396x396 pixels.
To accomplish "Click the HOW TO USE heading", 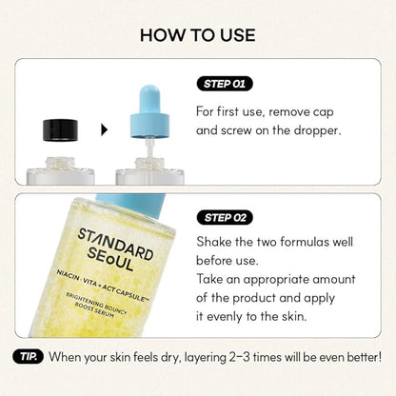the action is [x=198, y=35].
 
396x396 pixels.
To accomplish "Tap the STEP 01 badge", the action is [x=225, y=84].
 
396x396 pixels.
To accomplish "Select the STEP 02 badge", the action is [x=225, y=218].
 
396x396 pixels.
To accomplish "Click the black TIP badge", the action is [x=28, y=357].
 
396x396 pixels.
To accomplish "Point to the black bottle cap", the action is [x=60, y=130].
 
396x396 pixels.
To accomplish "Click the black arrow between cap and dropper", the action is [x=105, y=129].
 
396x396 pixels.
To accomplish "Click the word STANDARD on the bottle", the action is [x=115, y=244].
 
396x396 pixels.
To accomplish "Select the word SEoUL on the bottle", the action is [x=110, y=259].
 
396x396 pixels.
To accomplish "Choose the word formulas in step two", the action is [x=305, y=242].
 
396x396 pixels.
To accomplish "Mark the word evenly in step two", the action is [x=224, y=317].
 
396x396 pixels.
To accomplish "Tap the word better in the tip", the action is [x=364, y=357].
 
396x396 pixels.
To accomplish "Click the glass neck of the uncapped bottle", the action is [x=60, y=163].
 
